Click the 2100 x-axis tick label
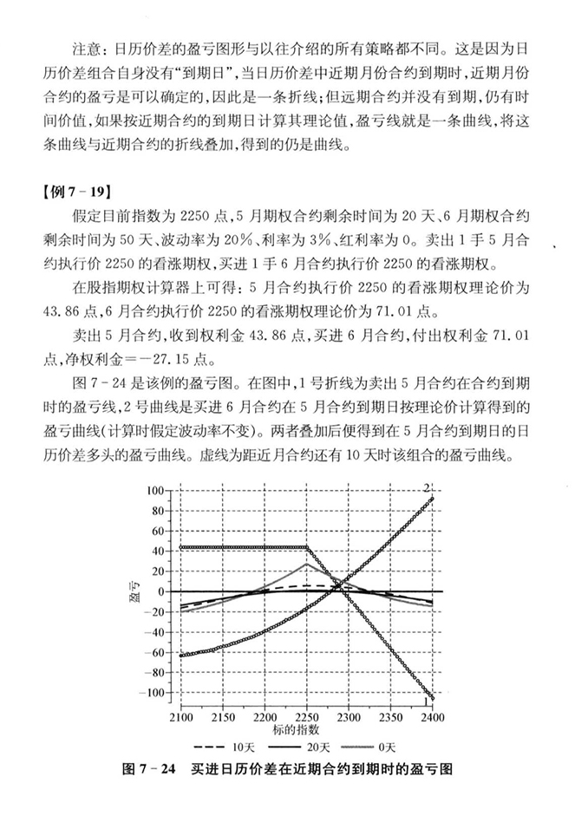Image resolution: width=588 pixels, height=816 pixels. [180, 718]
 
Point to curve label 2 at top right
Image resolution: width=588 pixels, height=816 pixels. [428, 486]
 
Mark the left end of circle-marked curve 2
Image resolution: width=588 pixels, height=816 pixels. [180, 656]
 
